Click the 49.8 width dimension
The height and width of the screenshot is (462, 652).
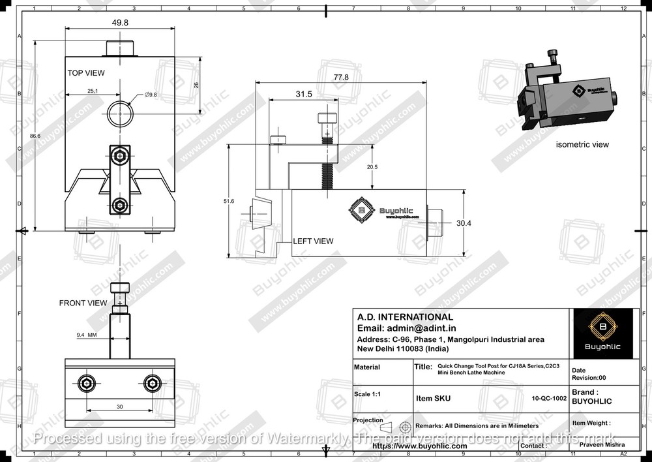point(120,22)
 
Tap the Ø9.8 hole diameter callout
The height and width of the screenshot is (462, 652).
point(150,95)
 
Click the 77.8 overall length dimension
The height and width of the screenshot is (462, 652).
point(340,77)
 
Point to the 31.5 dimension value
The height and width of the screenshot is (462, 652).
point(304,95)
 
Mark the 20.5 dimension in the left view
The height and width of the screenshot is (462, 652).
point(371,167)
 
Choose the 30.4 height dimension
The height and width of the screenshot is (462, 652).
point(464,223)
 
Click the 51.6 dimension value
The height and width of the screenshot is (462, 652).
point(229,201)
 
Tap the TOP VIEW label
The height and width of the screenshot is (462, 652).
point(85,73)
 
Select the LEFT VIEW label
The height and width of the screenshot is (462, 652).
point(313,241)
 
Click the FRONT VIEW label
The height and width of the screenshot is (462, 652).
point(83,303)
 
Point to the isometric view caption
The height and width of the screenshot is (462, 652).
point(582,144)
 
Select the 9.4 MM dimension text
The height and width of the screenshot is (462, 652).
point(86,335)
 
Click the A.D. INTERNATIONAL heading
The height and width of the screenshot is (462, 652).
point(405,317)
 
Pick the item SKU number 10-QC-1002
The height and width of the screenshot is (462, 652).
point(548,397)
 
